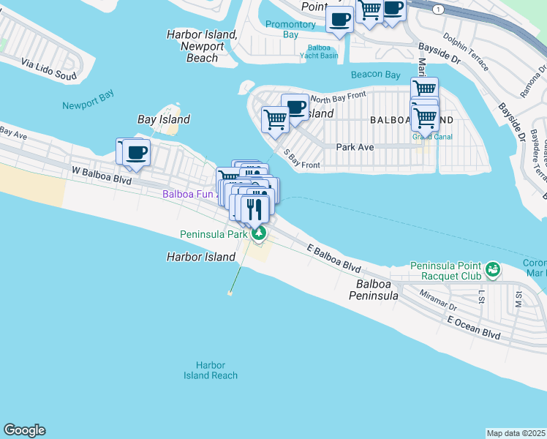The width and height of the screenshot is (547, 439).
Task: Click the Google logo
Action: point(24,430)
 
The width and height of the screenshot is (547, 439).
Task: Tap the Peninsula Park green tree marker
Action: point(258,234)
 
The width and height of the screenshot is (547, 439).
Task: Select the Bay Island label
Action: point(164,119)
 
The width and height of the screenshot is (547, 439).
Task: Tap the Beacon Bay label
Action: point(376,75)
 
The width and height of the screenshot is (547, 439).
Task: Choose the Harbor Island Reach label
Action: point(211,370)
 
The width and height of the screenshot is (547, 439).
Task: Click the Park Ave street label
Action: point(355,146)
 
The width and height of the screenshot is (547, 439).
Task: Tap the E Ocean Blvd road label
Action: point(475,327)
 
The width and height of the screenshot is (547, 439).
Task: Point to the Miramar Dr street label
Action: point(439,301)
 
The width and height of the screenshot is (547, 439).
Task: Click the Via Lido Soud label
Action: point(49,70)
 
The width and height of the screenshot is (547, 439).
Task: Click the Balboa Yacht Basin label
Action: point(319,51)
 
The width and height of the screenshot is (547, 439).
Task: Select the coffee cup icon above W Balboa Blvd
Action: point(137,152)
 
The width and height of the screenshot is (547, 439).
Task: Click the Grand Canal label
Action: point(432,136)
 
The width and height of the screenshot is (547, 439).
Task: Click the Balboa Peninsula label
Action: point(377,290)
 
